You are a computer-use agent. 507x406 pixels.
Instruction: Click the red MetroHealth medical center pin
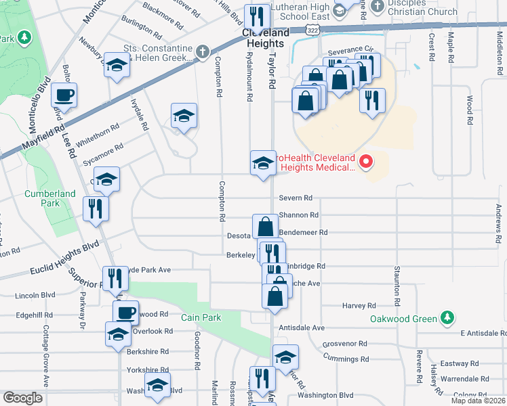click(x=366, y=161)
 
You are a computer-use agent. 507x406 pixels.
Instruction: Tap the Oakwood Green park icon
click(x=447, y=317)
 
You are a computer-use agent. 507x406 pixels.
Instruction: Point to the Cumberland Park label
click(x=50, y=198)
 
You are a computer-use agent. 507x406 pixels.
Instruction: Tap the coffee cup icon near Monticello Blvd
click(x=64, y=95)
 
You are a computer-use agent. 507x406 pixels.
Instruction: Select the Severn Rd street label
click(x=296, y=198)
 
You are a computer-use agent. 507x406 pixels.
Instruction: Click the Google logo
click(x=22, y=398)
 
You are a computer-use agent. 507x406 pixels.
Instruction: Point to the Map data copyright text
click(x=478, y=401)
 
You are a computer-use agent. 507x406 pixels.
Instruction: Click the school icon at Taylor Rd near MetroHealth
click(x=263, y=162)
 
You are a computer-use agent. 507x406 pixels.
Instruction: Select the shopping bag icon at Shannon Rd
click(x=265, y=227)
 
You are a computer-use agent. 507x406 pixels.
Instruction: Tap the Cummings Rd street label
click(x=346, y=359)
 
